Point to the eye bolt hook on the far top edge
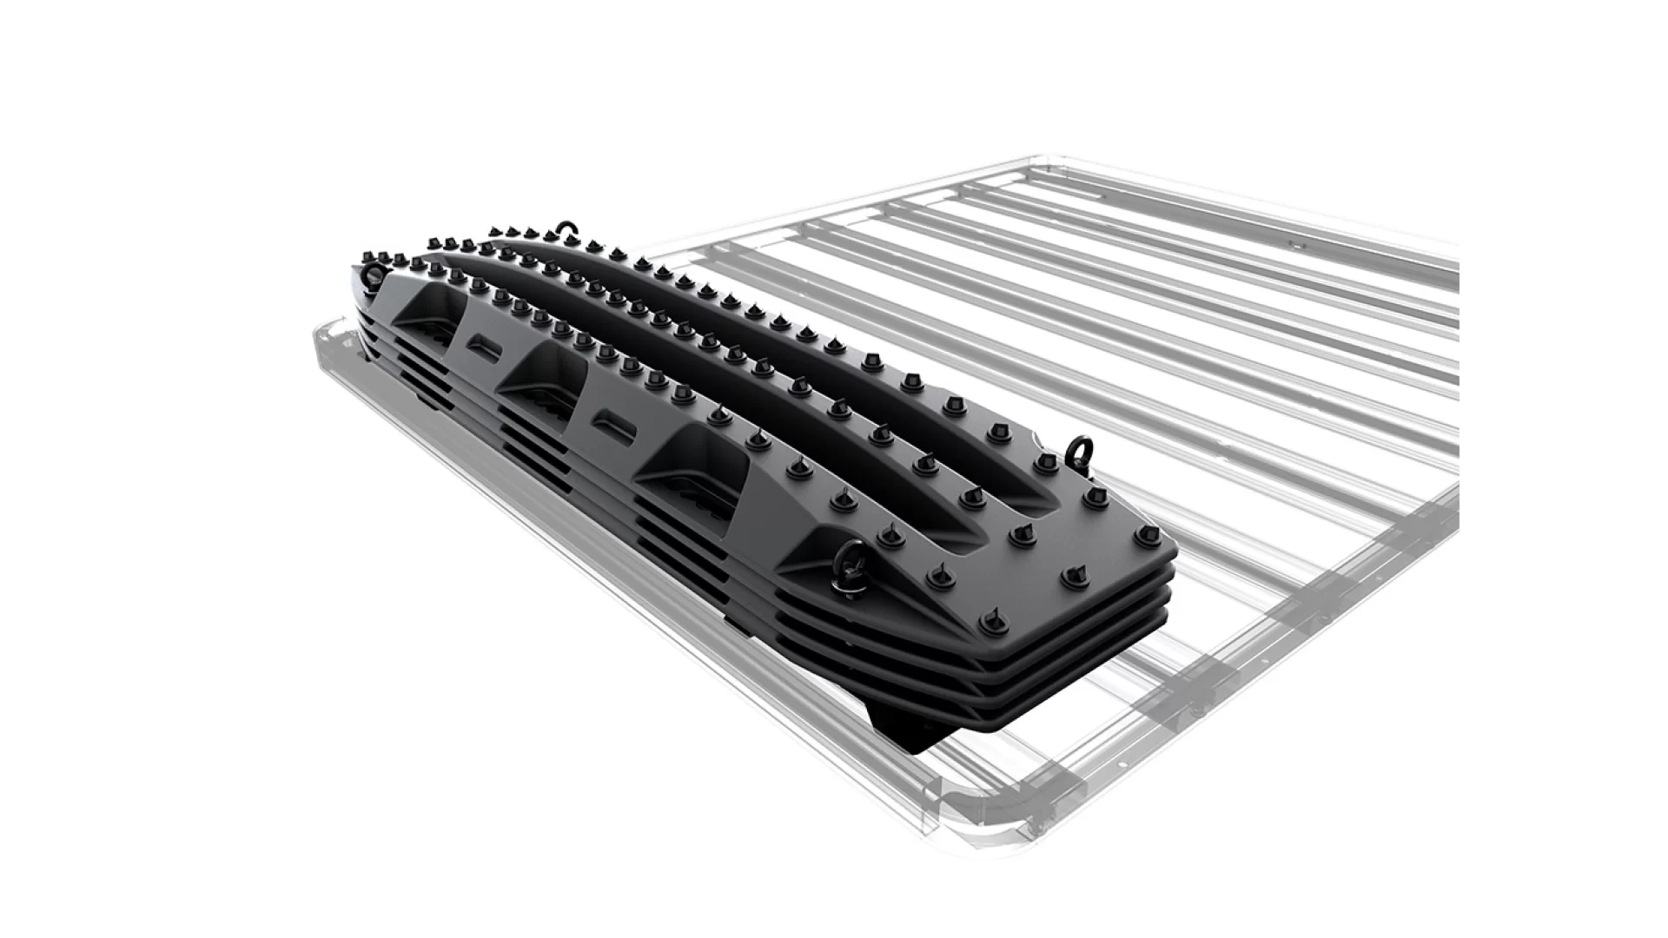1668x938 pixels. coord(566,229)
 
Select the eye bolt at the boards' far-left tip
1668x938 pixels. coord(374,276)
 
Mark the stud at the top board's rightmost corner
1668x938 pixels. coord(1144,538)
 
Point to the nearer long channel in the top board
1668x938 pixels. coord(782,408)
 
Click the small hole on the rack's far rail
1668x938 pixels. coord(1294,246)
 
